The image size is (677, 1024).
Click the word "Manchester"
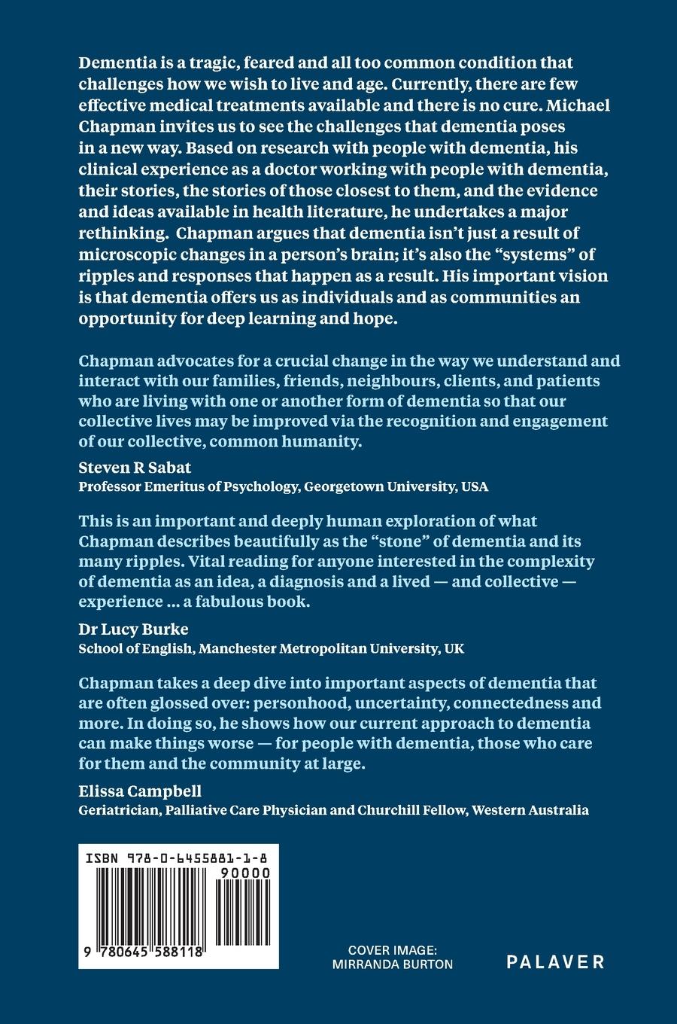238,648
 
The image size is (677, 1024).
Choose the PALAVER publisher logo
555,961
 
